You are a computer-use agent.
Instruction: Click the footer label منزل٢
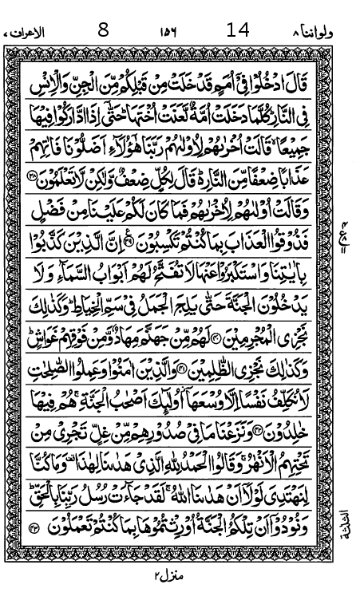click(x=169, y=576)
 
